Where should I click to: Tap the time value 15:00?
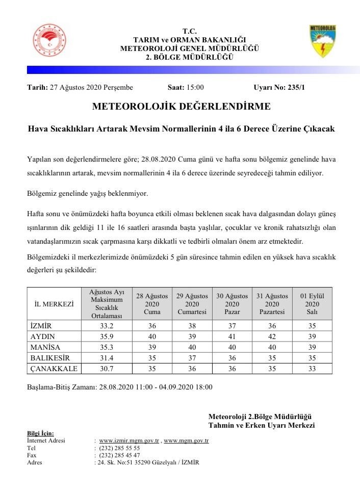(195, 88)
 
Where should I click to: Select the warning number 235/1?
(294, 88)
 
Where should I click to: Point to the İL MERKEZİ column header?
(54, 304)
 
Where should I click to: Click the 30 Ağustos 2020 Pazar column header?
(232, 304)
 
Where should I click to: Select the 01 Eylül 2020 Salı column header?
(312, 304)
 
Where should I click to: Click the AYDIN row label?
(43, 336)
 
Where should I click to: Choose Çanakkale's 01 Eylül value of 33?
(312, 369)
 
